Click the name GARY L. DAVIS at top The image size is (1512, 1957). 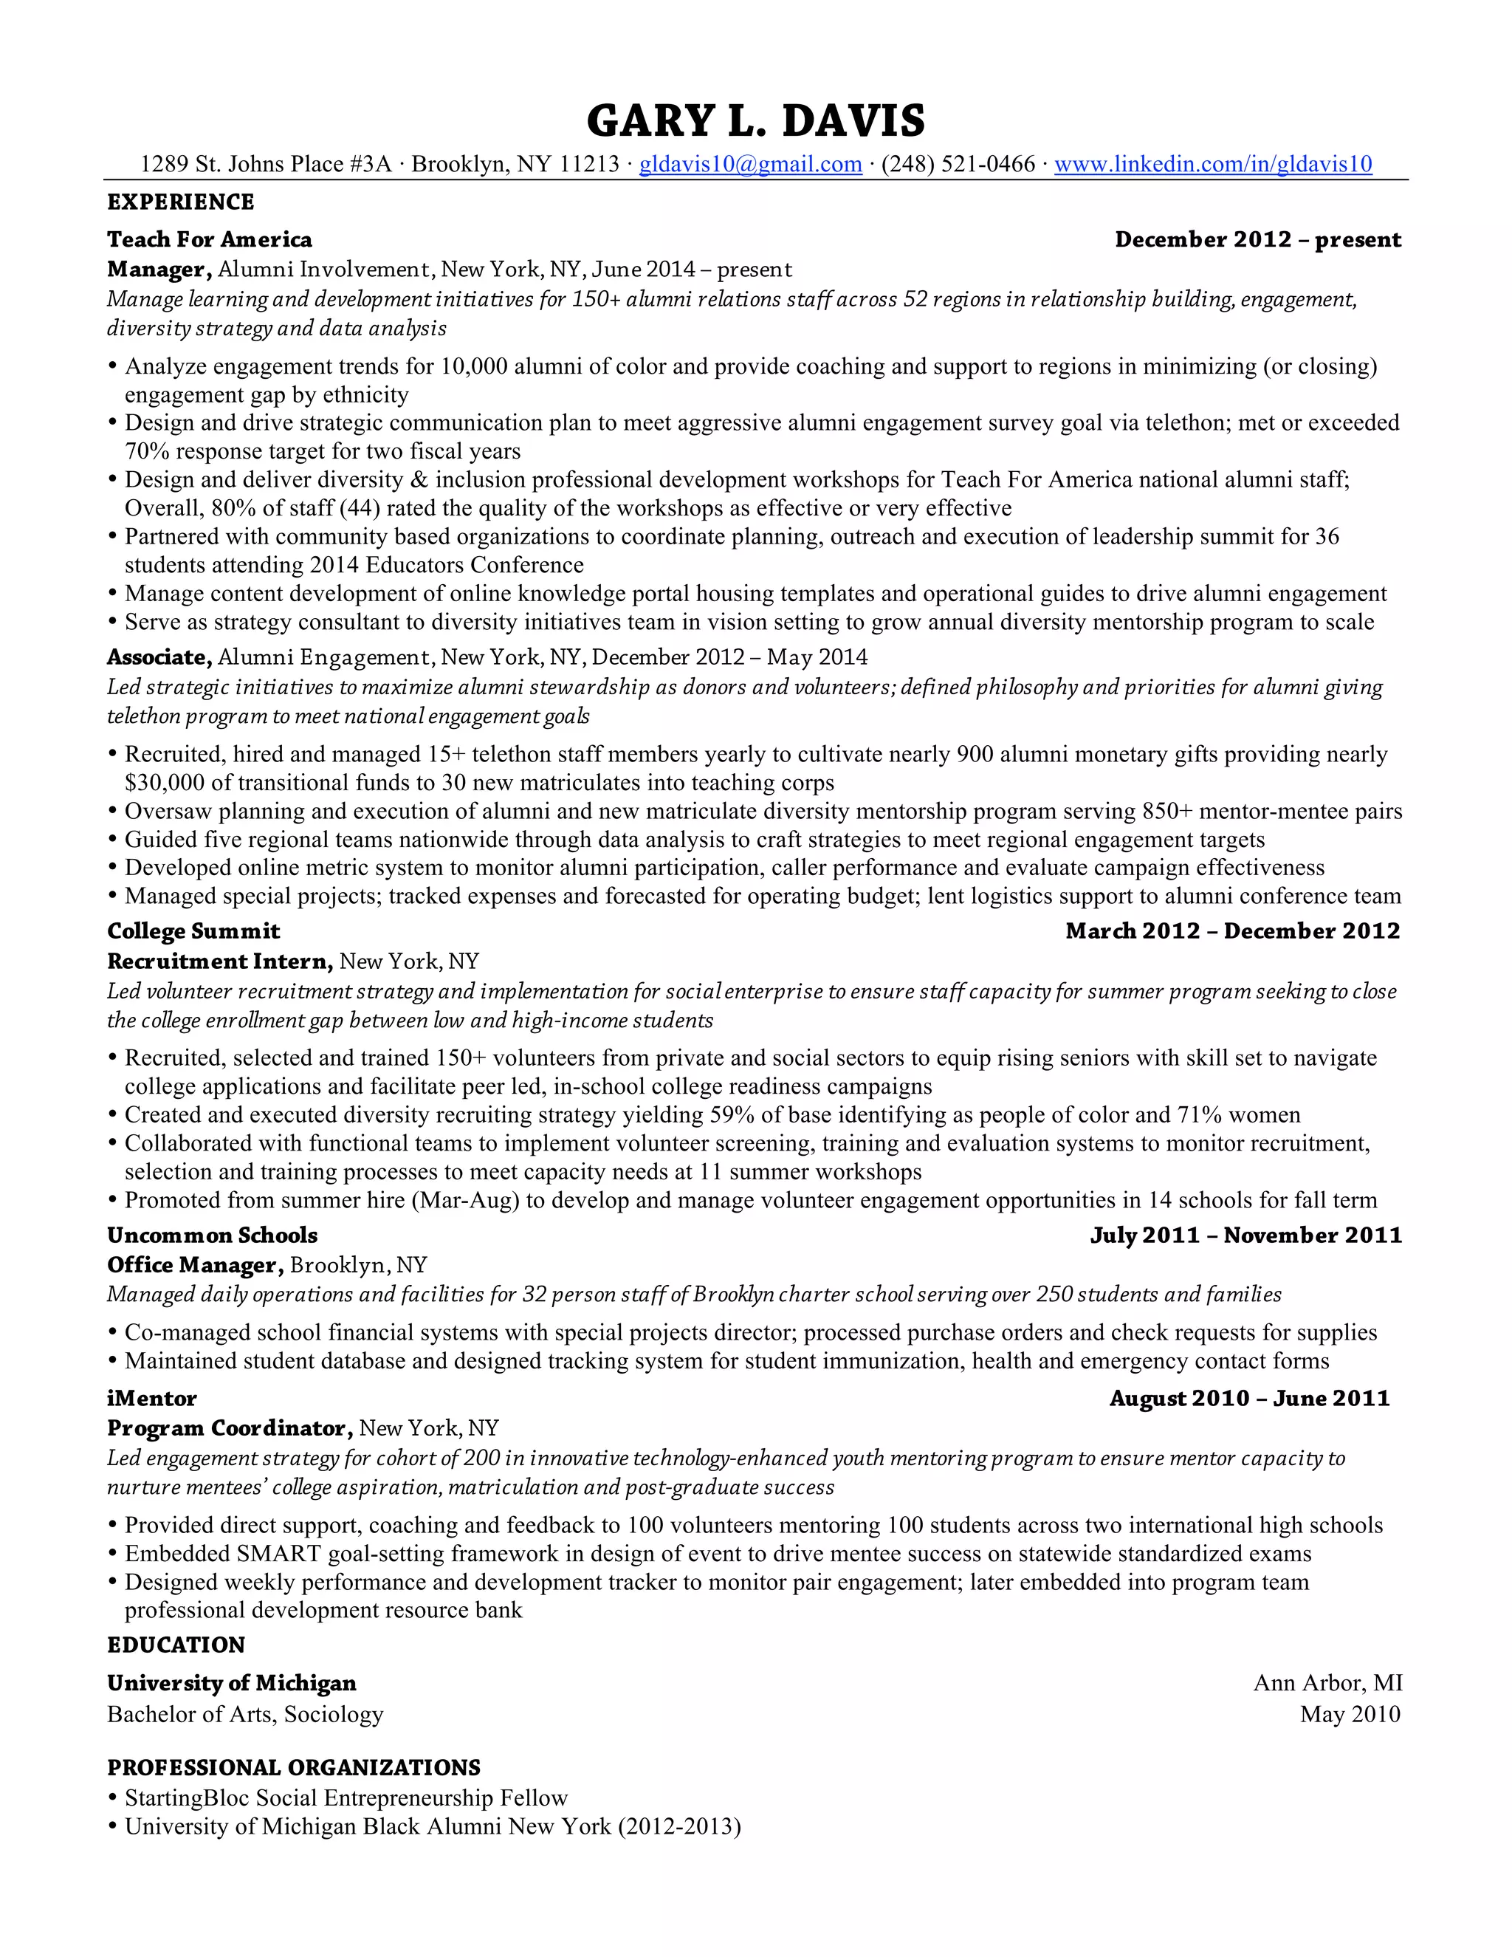755,121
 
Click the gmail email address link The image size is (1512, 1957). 750,165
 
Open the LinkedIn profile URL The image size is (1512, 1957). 1213,165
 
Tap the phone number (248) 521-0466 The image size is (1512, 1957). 958,165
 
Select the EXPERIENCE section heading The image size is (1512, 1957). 181,202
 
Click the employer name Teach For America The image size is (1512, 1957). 210,240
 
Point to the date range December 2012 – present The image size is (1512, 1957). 1257,240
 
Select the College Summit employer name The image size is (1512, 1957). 193,932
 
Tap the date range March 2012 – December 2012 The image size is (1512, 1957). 1232,932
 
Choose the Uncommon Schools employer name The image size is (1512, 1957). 213,1235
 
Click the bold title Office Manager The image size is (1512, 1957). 195,1265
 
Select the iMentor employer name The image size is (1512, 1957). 152,1399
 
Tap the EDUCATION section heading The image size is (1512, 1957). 176,1645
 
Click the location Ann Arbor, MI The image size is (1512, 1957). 1327,1684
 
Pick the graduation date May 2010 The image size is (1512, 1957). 1350,1714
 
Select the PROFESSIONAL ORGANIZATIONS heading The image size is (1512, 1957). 294,1768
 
